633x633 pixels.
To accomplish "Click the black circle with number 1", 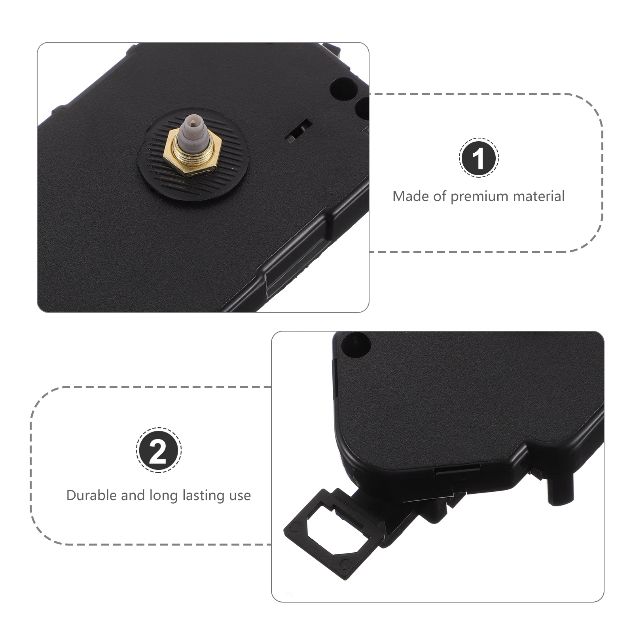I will [479, 158].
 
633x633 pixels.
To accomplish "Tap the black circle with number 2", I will [159, 450].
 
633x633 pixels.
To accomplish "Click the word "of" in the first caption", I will [439, 196].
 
